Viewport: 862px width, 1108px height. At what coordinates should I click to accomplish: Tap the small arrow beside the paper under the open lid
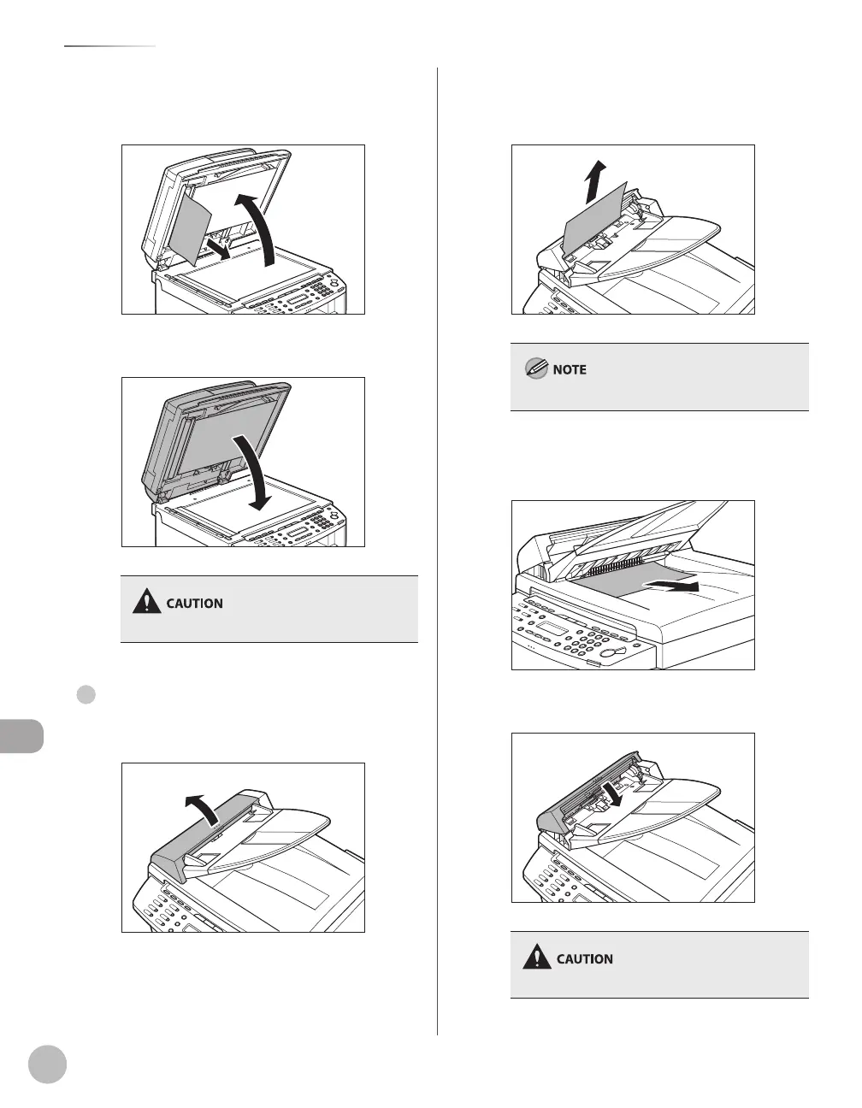pos(216,249)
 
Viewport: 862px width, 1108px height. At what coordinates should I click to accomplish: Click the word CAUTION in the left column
pos(194,604)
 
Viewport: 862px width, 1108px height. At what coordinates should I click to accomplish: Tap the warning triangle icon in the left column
pos(148,603)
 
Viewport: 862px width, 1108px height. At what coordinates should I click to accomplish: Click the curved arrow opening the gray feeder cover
pos(203,804)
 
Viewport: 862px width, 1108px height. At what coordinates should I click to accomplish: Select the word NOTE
pos(570,370)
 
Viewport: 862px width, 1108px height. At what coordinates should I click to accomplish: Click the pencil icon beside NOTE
pos(536,370)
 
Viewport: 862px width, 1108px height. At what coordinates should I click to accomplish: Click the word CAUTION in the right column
pos(585,959)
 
